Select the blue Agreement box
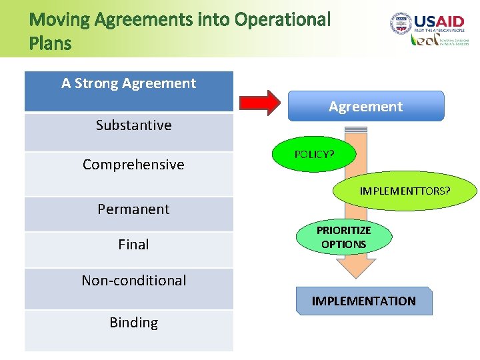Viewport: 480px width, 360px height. point(365,106)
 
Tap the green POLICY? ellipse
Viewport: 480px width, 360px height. point(314,154)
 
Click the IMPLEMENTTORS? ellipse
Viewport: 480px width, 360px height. point(405,191)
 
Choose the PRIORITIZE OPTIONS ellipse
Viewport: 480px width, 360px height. point(343,237)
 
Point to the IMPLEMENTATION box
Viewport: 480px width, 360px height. point(363,301)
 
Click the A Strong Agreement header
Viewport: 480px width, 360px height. point(129,84)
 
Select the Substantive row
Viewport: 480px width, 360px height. point(133,125)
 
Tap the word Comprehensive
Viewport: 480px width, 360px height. point(133,165)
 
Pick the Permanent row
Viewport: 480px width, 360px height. point(133,209)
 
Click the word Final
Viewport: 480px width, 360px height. point(133,245)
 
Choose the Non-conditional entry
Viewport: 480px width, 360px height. point(133,281)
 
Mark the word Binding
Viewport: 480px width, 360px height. point(133,323)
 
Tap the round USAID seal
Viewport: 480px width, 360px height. point(402,24)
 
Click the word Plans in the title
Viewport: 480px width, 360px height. point(50,44)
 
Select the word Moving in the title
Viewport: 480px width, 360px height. point(60,20)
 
